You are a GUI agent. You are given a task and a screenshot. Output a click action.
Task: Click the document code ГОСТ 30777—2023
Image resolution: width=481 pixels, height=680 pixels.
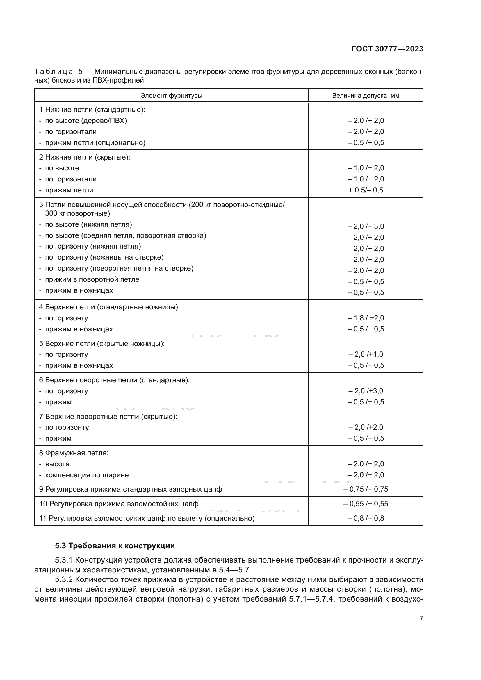[x=387, y=49]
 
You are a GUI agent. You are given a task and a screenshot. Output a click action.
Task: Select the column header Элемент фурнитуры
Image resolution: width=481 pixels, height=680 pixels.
[x=171, y=96]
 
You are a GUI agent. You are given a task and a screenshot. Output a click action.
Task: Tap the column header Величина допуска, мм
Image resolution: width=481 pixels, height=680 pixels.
[x=366, y=96]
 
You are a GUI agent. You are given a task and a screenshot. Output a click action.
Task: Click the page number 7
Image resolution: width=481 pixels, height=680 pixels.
[x=421, y=618]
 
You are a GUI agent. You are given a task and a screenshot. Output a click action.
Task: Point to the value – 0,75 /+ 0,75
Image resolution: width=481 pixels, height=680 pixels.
[x=366, y=489]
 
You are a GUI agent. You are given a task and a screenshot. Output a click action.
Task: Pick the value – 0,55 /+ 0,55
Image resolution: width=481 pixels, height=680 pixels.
[x=366, y=504]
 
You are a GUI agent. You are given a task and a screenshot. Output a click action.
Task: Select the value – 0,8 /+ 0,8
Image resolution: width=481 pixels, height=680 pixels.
[x=366, y=518]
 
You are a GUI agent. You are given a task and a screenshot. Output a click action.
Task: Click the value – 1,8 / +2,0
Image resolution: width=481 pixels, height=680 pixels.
[x=366, y=318]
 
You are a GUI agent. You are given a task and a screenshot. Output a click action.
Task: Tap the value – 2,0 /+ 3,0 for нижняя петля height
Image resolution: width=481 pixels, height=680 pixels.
[x=366, y=226]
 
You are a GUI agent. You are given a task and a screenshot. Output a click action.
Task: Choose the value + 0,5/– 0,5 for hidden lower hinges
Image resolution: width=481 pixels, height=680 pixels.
[x=366, y=190]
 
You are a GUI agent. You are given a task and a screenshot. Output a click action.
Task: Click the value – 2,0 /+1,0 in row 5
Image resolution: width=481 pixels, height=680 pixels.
[x=366, y=354]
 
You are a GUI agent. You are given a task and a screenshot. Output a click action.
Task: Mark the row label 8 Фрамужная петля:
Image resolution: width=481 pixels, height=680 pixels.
[x=74, y=453]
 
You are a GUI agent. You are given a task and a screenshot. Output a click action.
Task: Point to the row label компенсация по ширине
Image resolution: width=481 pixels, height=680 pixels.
[x=87, y=475]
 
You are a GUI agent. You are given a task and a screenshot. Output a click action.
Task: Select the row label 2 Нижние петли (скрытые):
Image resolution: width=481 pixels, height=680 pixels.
[x=85, y=157]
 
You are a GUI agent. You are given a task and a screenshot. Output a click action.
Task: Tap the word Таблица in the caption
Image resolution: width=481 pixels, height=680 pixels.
[x=54, y=72]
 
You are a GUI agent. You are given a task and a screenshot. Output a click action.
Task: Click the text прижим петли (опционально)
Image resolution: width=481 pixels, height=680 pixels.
[x=95, y=143]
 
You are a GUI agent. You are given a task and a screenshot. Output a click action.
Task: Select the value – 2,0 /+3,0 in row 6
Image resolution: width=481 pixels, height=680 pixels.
[x=366, y=391]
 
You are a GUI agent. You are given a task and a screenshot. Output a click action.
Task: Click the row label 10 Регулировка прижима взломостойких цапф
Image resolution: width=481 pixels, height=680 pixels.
[x=119, y=504]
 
